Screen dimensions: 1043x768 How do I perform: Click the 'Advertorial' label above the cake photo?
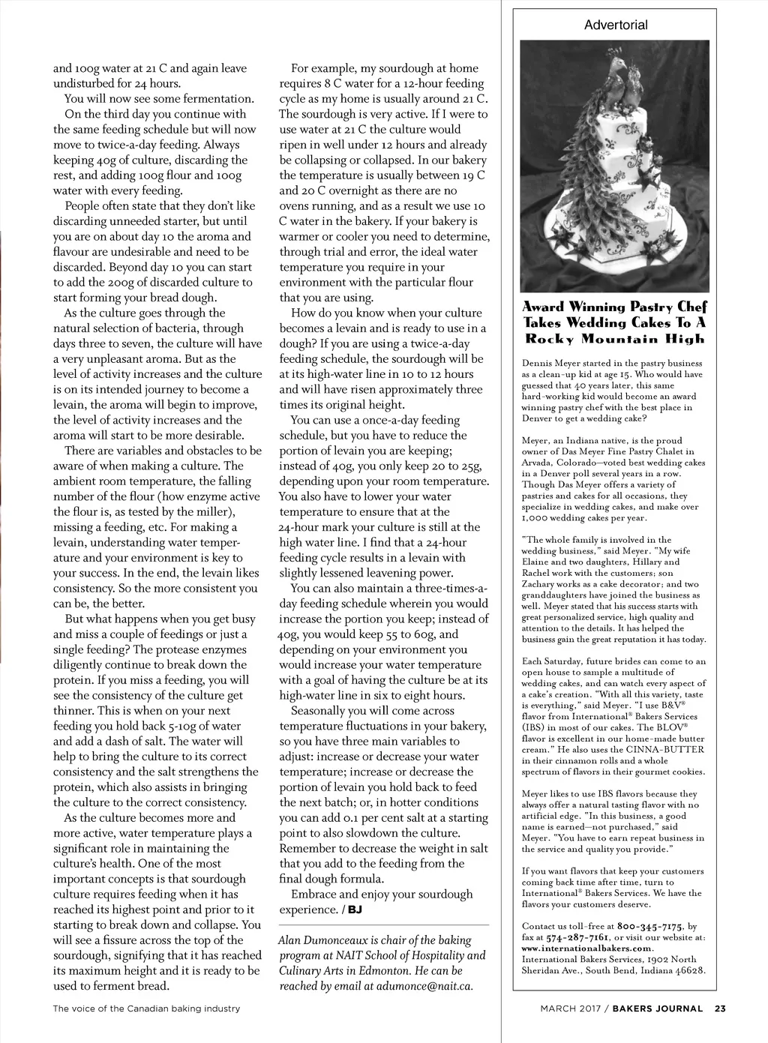coord(616,25)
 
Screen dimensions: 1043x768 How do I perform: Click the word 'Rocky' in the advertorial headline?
coord(552,339)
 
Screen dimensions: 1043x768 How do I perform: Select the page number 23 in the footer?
coord(720,1009)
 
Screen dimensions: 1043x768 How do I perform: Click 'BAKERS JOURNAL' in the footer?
coord(658,1009)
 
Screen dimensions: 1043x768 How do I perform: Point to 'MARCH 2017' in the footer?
coord(571,1009)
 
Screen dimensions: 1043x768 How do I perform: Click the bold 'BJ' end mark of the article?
coord(355,910)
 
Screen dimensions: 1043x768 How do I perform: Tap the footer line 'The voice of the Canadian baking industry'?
coord(146,1009)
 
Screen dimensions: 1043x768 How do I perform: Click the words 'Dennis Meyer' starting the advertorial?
coord(549,364)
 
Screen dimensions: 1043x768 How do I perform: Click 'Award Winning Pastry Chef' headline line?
coord(614,307)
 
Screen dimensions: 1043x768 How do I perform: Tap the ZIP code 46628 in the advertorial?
coord(690,970)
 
